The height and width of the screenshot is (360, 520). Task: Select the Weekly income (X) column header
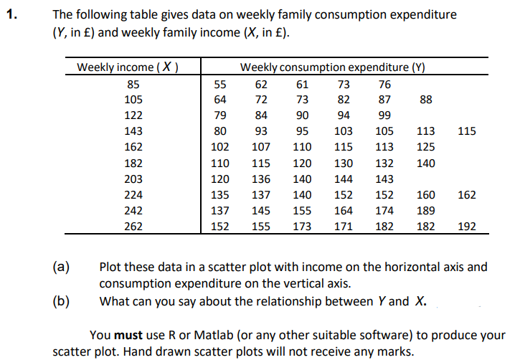128,68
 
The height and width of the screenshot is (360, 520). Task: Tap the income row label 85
133,84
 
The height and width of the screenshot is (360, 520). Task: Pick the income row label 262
133,226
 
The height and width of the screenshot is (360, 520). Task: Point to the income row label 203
133,179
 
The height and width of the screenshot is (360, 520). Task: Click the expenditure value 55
221,84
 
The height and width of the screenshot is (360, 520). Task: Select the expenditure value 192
466,226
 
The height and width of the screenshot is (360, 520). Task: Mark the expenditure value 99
384,115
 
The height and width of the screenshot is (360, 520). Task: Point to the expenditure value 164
344,210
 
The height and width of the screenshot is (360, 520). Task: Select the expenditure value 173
303,226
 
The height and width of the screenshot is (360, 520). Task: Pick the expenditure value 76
384,84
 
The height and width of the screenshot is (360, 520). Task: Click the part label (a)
61,267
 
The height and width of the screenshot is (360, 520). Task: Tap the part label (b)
61,300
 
